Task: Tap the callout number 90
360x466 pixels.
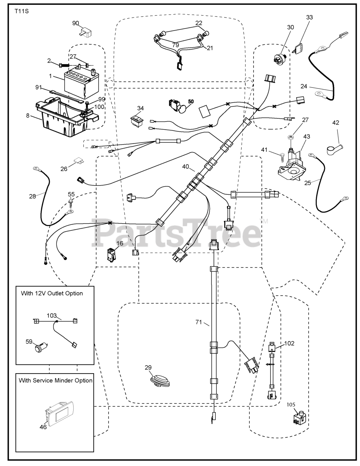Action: pyautogui.click(x=75, y=23)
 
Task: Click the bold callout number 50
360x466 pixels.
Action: pyautogui.click(x=191, y=101)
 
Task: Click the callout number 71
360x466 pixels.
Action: pyautogui.click(x=199, y=322)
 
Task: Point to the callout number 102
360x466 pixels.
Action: pyautogui.click(x=289, y=343)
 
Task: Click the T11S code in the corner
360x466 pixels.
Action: pyautogui.click(x=21, y=11)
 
